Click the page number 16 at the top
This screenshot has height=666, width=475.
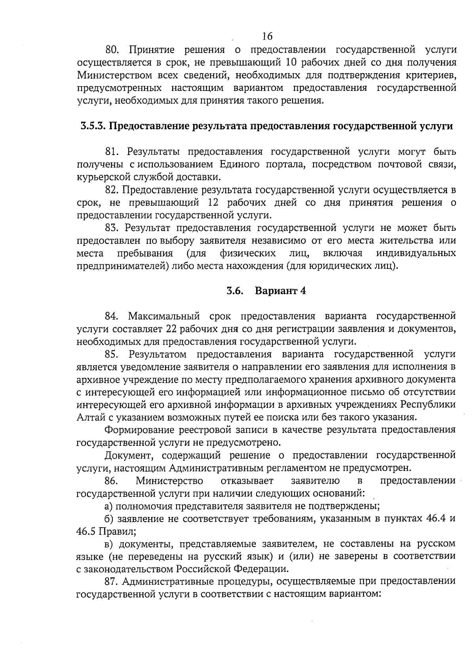tap(267, 36)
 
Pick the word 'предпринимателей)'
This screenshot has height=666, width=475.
tap(123, 266)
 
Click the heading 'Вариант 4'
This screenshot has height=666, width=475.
tap(281, 291)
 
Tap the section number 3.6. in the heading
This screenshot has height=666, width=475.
tap(235, 291)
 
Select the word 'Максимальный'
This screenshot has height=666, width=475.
tap(166, 316)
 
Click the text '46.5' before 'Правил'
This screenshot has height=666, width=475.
tap(86, 531)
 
